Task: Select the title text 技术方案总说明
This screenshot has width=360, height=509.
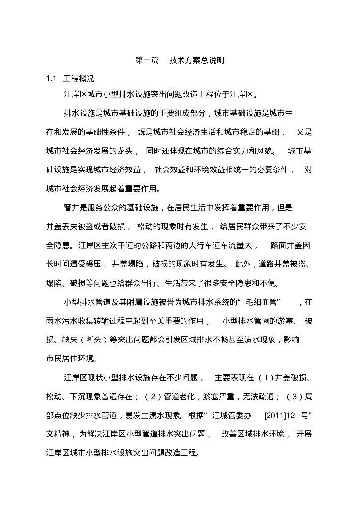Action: [197, 61]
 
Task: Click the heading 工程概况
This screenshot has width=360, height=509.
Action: [78, 78]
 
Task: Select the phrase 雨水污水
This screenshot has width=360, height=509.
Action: [63, 321]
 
